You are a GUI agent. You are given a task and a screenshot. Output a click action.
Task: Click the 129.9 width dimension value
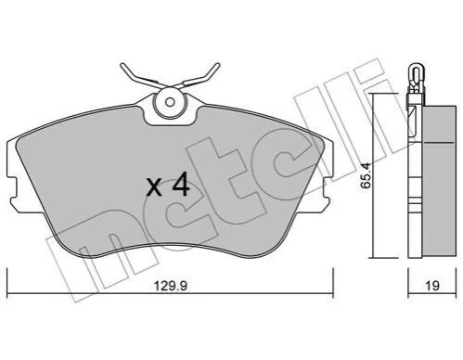pyautogui.click(x=171, y=286)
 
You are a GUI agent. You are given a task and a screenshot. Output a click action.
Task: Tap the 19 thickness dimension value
pyautogui.click(x=432, y=286)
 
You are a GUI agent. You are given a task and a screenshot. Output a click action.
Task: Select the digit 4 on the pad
pyautogui.click(x=181, y=185)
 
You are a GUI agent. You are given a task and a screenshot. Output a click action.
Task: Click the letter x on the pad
pyautogui.click(x=154, y=187)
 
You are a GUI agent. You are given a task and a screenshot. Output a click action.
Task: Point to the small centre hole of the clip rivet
pyautogui.click(x=170, y=102)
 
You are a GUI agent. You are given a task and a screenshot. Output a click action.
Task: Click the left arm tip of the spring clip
pyautogui.click(x=122, y=65)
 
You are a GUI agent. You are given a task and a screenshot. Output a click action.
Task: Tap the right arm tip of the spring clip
pyautogui.click(x=217, y=65)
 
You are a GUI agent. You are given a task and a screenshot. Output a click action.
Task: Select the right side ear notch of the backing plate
pyautogui.click(x=327, y=187)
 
